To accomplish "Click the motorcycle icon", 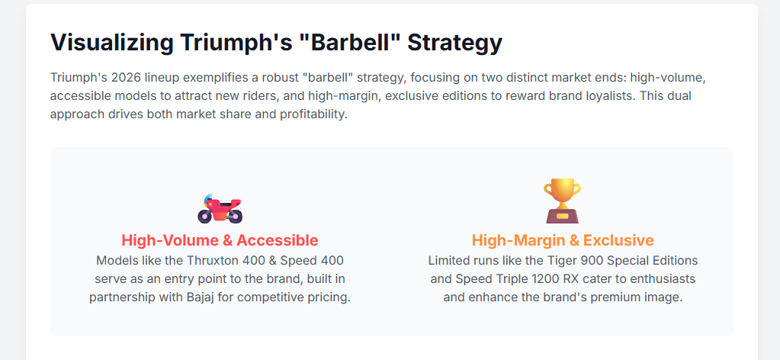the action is (220, 208).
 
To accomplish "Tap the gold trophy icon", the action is (562, 201).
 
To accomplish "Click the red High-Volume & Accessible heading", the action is (220, 240).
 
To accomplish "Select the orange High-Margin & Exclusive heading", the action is (563, 240).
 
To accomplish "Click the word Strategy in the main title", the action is (455, 43).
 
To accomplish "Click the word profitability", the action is (312, 114).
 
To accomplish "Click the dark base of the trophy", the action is (563, 216).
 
